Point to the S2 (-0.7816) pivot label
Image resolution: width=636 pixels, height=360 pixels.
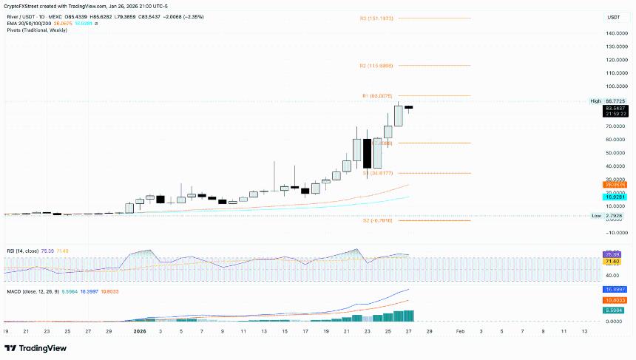click(377, 220)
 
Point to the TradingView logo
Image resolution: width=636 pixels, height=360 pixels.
click(36, 348)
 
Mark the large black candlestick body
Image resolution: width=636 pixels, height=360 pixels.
click(367, 153)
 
